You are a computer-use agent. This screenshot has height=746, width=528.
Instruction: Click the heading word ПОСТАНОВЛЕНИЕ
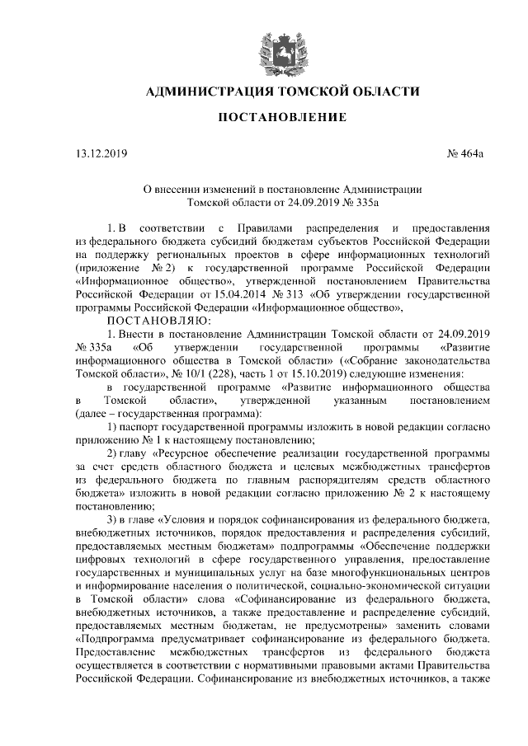coord(281,120)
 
